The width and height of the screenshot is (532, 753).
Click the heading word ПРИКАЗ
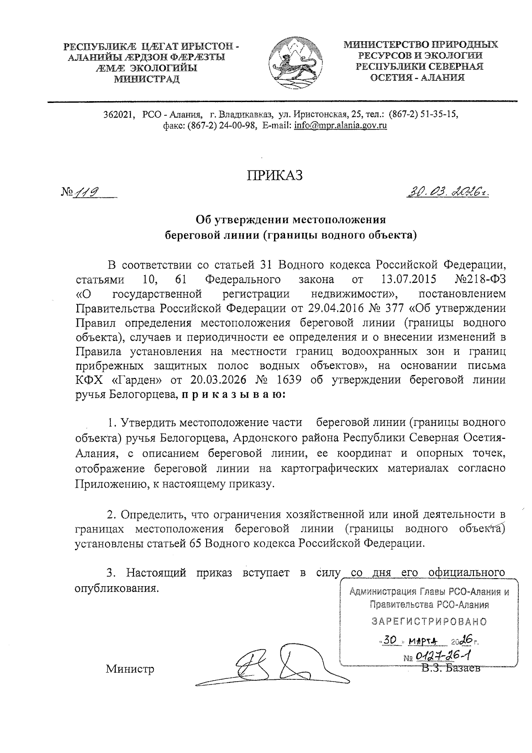pyautogui.click(x=275, y=175)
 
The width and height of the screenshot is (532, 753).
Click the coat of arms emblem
pyautogui.click(x=291, y=62)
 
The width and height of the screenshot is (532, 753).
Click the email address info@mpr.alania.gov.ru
pyautogui.click(x=340, y=126)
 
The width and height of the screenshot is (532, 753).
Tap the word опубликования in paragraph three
pyautogui.click(x=116, y=588)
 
